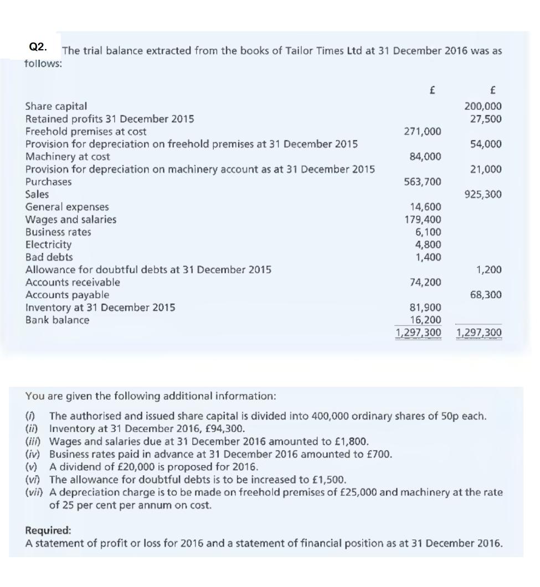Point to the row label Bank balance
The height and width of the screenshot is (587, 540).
(x=58, y=320)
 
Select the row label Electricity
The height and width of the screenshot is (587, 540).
(x=49, y=245)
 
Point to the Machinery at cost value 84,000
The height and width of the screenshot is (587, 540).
(x=427, y=157)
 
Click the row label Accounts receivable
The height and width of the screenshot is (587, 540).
(x=73, y=282)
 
